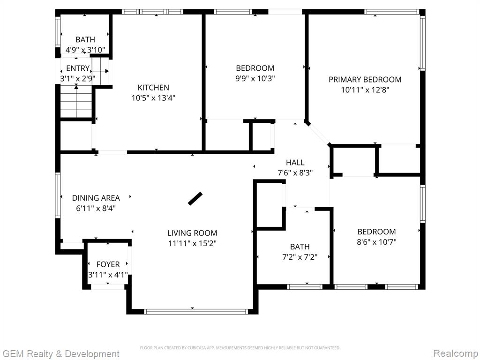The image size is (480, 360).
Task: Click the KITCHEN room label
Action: [153, 88]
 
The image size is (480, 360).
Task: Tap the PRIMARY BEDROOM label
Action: [365, 80]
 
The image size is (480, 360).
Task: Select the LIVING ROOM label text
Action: [192, 233]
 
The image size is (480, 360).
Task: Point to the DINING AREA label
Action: [96, 198]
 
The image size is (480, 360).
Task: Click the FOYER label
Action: [108, 264]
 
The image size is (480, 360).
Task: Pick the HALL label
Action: [295, 163]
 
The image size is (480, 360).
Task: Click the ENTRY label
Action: [78, 68]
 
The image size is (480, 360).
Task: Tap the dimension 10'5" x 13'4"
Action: [153, 98]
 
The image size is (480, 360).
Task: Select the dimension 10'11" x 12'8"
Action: [365, 90]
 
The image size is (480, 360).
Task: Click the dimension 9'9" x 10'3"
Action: [255, 78]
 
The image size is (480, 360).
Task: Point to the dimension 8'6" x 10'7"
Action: [376, 242]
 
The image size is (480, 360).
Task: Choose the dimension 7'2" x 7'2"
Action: [300, 257]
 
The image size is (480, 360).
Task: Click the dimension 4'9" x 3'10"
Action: [85, 50]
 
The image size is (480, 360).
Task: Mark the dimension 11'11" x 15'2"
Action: [192, 243]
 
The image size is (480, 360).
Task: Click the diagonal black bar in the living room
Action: [195, 199]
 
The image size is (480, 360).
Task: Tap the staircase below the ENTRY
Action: [76, 101]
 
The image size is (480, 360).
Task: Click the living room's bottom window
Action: [196, 312]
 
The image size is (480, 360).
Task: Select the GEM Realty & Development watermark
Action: [60, 354]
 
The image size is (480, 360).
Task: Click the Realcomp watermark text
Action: [456, 353]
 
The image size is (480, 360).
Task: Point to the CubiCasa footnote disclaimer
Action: [240, 348]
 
